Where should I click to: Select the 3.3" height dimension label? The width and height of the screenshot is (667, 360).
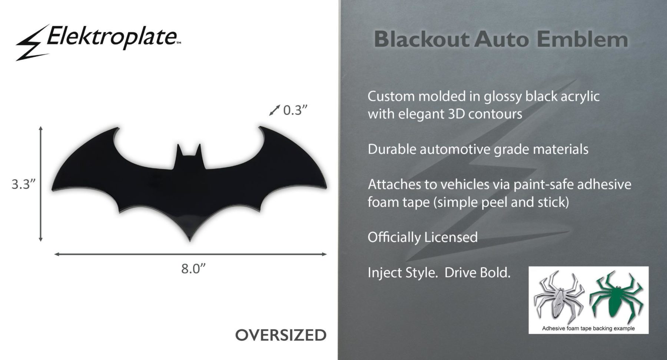(24, 184)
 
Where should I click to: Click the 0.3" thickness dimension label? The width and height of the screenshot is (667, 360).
(295, 110)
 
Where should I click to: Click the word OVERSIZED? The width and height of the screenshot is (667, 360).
(281, 335)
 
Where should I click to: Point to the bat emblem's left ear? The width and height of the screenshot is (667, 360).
(180, 150)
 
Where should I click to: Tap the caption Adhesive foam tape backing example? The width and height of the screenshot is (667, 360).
(588, 328)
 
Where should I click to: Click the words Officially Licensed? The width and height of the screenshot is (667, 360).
(422, 237)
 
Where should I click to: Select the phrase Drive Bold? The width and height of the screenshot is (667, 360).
(477, 273)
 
